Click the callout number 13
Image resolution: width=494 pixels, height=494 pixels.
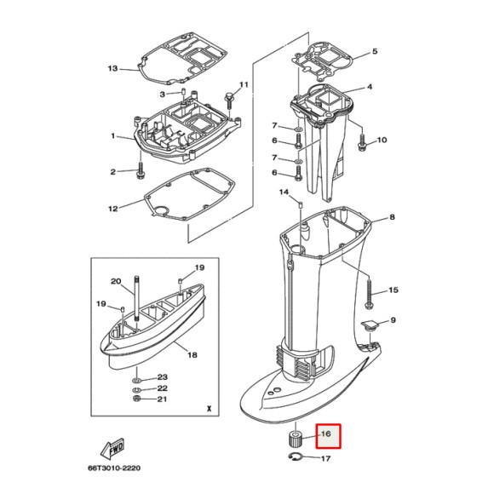coord(112,68)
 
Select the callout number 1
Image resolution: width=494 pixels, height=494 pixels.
coord(112,135)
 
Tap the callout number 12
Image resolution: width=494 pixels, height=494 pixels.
coord(112,208)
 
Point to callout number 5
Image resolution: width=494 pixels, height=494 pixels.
coord(373,53)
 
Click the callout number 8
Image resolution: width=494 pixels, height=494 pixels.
coord(393,218)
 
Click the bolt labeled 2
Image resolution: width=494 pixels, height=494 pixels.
coord(139,172)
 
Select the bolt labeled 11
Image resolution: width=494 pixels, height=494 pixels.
coord(229,99)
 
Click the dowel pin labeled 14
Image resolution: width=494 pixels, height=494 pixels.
coord(302,204)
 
